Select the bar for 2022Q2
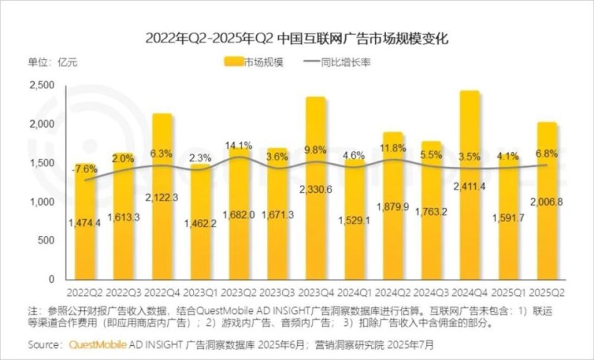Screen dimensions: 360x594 tap(85, 223)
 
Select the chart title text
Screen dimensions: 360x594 tap(297, 36)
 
